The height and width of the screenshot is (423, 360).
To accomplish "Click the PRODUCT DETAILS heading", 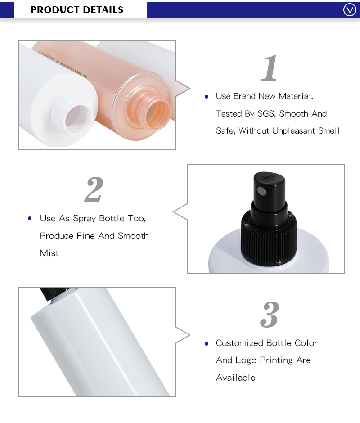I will (x=77, y=9).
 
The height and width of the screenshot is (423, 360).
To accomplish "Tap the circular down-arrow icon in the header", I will (x=350, y=9).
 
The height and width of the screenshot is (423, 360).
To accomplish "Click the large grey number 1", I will (x=270, y=68).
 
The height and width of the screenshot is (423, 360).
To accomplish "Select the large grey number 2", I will (x=94, y=190).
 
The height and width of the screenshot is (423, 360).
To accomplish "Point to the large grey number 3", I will (x=270, y=315).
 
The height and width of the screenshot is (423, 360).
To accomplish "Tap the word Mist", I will (x=49, y=253).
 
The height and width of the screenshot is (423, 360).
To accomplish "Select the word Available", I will (x=235, y=378).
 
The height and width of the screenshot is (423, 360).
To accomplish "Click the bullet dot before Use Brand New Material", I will (x=207, y=96).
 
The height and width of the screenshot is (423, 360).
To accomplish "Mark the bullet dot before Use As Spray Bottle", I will (x=30, y=218).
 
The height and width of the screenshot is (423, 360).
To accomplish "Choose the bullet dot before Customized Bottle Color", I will (x=207, y=343).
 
